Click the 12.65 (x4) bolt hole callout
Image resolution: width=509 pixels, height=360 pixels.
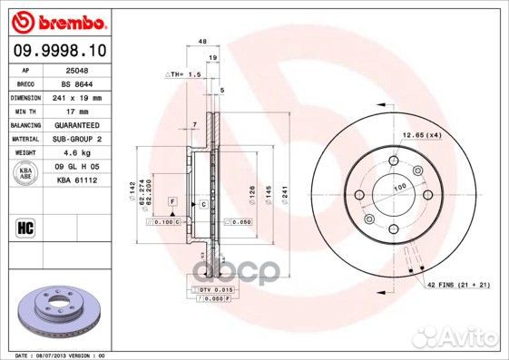[x=420, y=134]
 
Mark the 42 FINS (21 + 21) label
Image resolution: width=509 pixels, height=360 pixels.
[x=460, y=285]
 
